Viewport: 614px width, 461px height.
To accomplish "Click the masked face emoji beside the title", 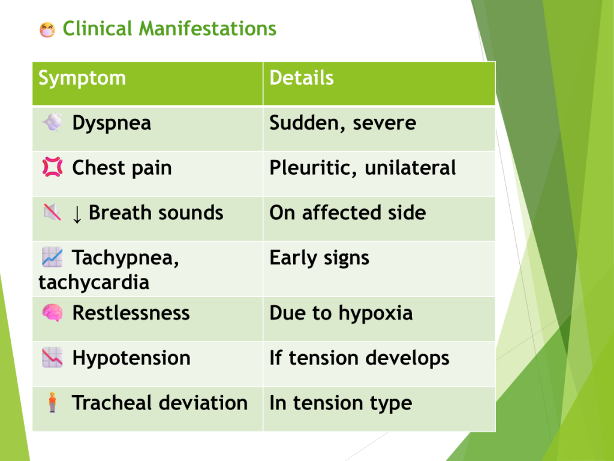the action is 47,30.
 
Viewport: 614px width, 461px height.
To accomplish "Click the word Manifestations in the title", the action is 207,29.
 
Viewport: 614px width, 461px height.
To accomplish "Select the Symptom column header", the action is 82,78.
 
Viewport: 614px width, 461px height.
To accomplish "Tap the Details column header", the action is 302,77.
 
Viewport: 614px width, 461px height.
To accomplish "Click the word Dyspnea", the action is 112,124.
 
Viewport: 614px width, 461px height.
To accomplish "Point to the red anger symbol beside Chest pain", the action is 53,167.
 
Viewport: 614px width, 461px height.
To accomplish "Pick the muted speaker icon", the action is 52,212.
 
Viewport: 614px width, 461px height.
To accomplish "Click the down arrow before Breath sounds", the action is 77,214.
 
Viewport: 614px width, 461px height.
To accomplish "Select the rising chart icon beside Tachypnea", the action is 52,257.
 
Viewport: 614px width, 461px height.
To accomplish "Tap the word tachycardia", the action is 94,282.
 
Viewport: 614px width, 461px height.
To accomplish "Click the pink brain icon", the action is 52,313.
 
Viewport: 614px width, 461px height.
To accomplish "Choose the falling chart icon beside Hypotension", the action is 52,358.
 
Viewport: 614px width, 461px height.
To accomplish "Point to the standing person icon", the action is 52,402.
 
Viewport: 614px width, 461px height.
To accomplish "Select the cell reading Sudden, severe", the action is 379,128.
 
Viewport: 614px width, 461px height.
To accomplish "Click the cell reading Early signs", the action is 379,269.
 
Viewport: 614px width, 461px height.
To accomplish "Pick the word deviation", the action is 204,403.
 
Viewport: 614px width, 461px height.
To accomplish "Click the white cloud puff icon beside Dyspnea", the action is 53,122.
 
